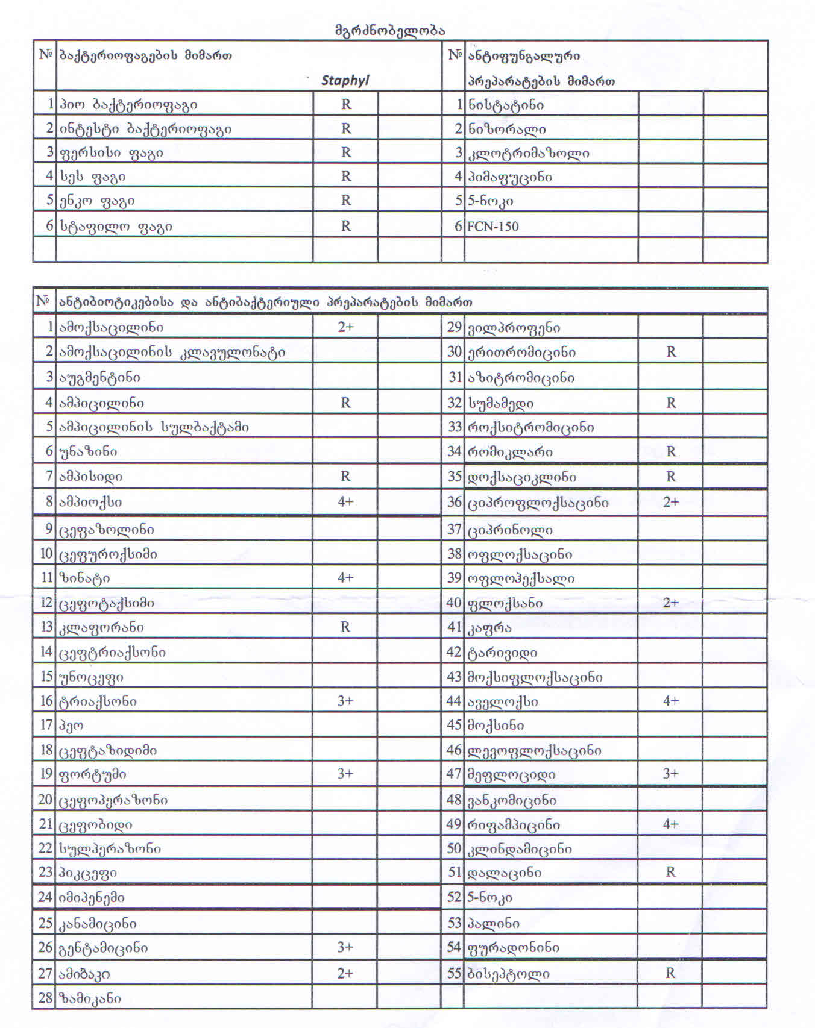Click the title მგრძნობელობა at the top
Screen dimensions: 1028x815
[x=389, y=30]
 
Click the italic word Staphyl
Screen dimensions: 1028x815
[x=345, y=80]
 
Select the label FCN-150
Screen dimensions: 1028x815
[x=492, y=227]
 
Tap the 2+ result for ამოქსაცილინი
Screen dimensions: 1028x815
[x=345, y=327]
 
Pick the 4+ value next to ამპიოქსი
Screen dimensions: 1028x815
[x=345, y=501]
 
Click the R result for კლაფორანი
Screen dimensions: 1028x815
[x=345, y=627]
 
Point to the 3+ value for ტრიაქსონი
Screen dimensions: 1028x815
[x=345, y=701]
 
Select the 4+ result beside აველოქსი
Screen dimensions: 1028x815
[x=671, y=701]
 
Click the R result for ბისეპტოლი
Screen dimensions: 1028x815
[x=670, y=973]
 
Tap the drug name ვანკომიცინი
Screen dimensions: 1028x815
[x=512, y=800]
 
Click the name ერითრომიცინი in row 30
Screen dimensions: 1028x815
[x=521, y=352]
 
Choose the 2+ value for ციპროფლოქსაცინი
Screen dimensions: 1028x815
[x=671, y=502]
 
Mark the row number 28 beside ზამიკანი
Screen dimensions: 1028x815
[x=45, y=998]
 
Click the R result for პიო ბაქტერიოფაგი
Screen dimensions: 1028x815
[x=346, y=104]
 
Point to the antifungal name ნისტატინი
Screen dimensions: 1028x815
[x=506, y=105]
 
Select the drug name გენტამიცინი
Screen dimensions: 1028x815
[x=103, y=948]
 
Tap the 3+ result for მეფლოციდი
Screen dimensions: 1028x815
[x=671, y=774]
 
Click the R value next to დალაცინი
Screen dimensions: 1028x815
[x=670, y=871]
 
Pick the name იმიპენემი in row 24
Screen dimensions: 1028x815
[x=92, y=897]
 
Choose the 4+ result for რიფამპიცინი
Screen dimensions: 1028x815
[x=671, y=824]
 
